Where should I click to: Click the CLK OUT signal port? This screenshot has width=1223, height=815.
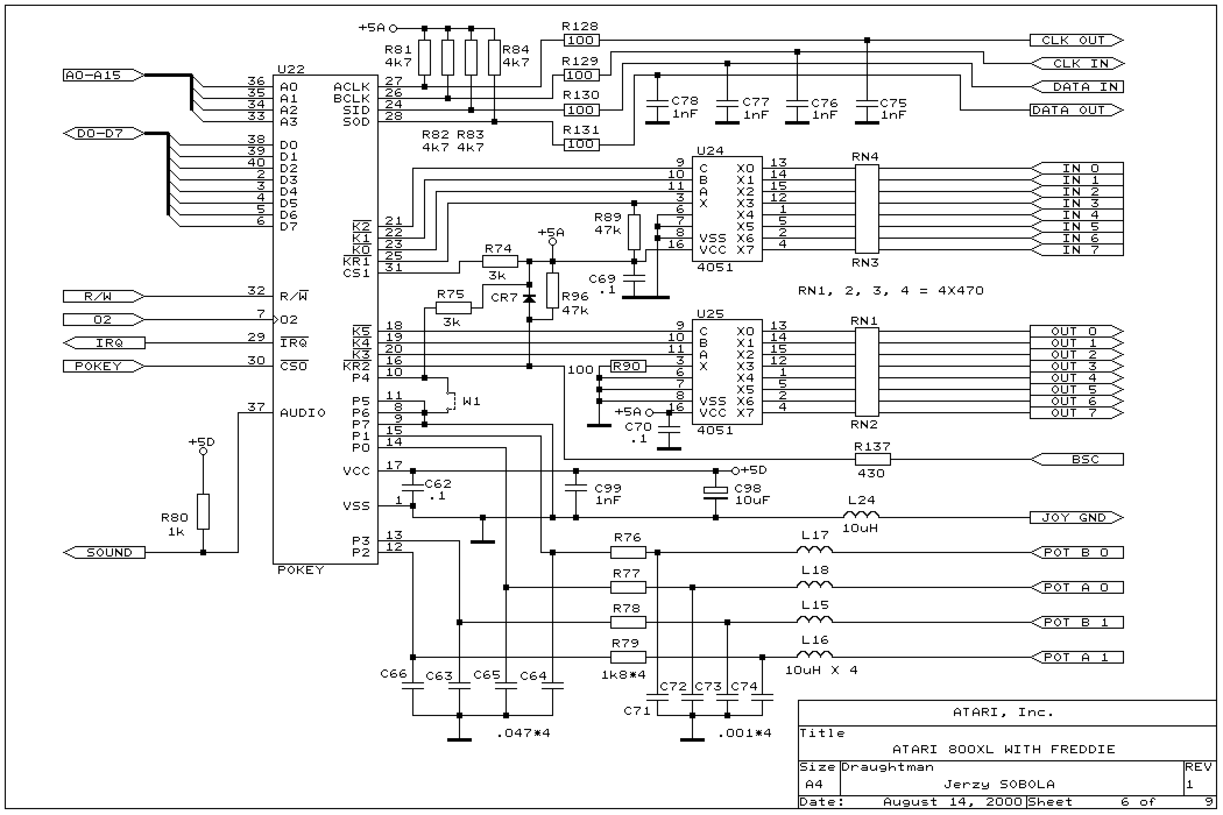click(x=1075, y=40)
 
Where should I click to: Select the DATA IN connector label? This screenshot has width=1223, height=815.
click(x=1077, y=87)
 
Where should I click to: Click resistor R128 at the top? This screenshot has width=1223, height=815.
click(x=581, y=40)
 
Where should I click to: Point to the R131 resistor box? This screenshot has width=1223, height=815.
click(x=581, y=144)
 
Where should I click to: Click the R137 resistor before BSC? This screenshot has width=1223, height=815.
click(x=872, y=460)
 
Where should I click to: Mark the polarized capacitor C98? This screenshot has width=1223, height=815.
click(x=715, y=491)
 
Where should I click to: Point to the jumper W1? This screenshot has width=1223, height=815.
click(x=451, y=401)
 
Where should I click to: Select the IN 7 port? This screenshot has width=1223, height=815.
click(x=1077, y=250)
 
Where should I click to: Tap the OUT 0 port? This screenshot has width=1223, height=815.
click(x=1075, y=331)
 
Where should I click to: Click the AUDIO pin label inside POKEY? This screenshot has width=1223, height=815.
click(x=302, y=413)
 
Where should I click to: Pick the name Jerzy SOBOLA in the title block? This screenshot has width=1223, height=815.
click(x=999, y=784)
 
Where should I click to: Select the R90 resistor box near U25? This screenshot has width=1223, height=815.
click(x=628, y=366)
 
